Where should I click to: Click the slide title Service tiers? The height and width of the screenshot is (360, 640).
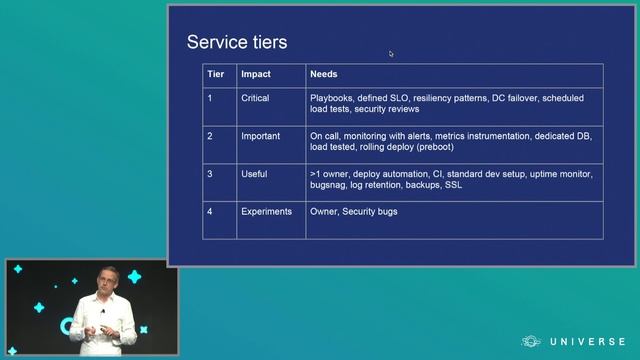237,42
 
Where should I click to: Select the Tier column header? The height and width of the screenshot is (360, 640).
215,74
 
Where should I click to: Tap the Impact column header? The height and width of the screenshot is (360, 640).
256,74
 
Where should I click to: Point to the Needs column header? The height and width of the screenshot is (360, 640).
323,74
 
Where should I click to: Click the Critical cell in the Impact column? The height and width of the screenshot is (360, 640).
255,98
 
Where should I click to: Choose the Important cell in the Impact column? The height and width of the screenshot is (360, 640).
260,136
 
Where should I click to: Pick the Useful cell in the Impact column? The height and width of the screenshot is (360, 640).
254,174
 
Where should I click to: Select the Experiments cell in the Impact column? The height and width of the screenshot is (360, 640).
266,211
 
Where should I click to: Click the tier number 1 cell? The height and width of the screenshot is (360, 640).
210,98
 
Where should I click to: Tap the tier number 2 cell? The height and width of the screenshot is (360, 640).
210,136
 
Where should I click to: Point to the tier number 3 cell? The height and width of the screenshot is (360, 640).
210,174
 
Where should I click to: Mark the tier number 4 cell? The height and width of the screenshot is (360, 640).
210,211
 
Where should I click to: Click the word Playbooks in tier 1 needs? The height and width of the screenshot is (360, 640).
331,98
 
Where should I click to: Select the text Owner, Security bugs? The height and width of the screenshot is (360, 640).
354,211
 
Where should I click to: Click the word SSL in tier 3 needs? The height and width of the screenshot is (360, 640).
454,185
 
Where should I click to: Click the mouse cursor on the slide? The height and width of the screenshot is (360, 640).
391,54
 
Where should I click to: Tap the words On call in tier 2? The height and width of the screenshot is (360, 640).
325,136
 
